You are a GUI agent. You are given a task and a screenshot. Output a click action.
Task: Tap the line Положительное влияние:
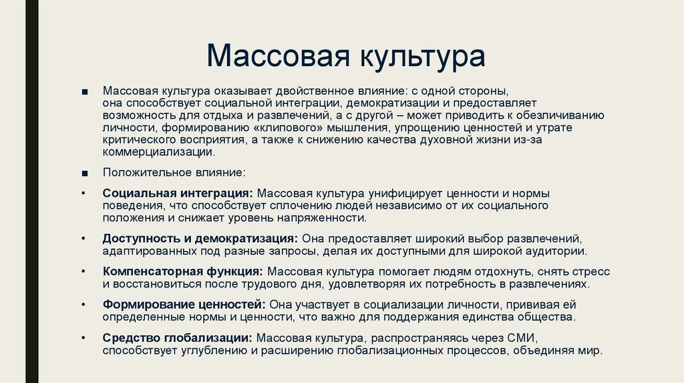pyautogui.click(x=174, y=173)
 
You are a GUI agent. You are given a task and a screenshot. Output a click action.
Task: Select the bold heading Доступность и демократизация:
pyautogui.click(x=200, y=238)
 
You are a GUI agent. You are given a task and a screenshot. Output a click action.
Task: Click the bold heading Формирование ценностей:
pyautogui.click(x=185, y=304)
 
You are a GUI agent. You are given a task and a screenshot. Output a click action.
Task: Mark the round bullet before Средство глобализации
pyautogui.click(x=83, y=337)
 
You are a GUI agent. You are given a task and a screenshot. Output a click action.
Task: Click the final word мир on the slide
pyautogui.click(x=591, y=350)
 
